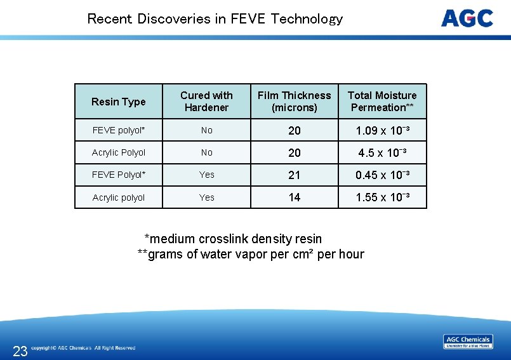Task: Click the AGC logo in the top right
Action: pos(467,18)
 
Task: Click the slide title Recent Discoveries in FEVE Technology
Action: pos(215,18)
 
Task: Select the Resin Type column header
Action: pos(119,102)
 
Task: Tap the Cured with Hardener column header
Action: pos(206,102)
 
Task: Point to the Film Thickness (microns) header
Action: pos(294,102)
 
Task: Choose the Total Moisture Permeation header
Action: pos(382,102)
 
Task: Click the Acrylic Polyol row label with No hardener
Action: pos(119,152)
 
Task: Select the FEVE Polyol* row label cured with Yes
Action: pos(119,175)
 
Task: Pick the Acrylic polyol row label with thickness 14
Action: pos(119,197)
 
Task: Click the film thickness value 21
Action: pos(295,175)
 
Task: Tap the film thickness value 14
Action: pos(295,197)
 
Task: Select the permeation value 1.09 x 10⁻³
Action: pos(382,131)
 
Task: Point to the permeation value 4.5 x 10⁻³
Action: pos(382,153)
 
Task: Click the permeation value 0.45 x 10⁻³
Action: pos(382,175)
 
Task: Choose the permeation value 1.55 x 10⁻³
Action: pos(382,197)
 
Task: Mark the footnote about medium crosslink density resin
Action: pos(233,239)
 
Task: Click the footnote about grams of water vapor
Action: pos(251,255)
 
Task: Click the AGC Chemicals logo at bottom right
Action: pos(468,342)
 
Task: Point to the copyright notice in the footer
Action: pos(83,348)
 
